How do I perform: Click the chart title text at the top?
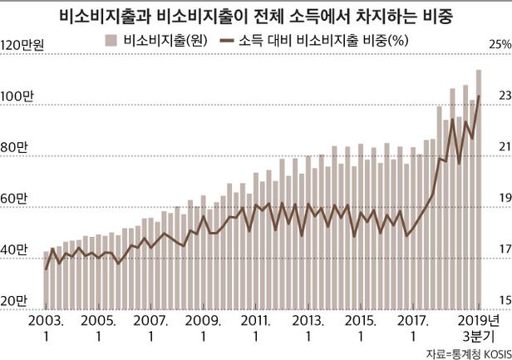click(256, 16)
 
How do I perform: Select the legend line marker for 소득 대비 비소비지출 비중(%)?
click(225, 40)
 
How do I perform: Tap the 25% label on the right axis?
click(498, 45)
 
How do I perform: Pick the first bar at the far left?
click(47, 279)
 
